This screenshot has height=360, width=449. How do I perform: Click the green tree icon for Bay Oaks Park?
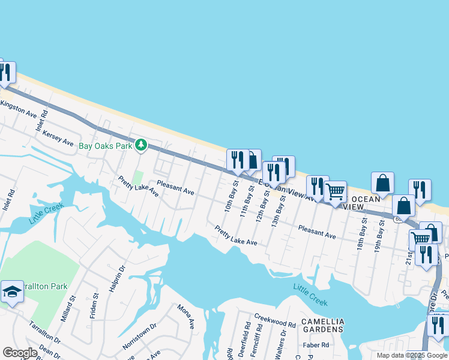point(141,145)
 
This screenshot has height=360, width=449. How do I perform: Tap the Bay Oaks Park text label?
point(105,145)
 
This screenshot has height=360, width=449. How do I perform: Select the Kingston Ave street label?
point(19,109)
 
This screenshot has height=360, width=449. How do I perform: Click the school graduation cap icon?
point(11,292)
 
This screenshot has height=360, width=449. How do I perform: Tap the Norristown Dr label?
point(139,338)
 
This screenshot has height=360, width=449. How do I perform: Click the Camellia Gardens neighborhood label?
point(322,325)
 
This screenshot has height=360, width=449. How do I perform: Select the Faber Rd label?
point(316,345)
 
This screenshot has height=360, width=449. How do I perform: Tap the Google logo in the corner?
point(20,353)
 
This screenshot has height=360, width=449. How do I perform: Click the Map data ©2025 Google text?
point(412,355)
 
